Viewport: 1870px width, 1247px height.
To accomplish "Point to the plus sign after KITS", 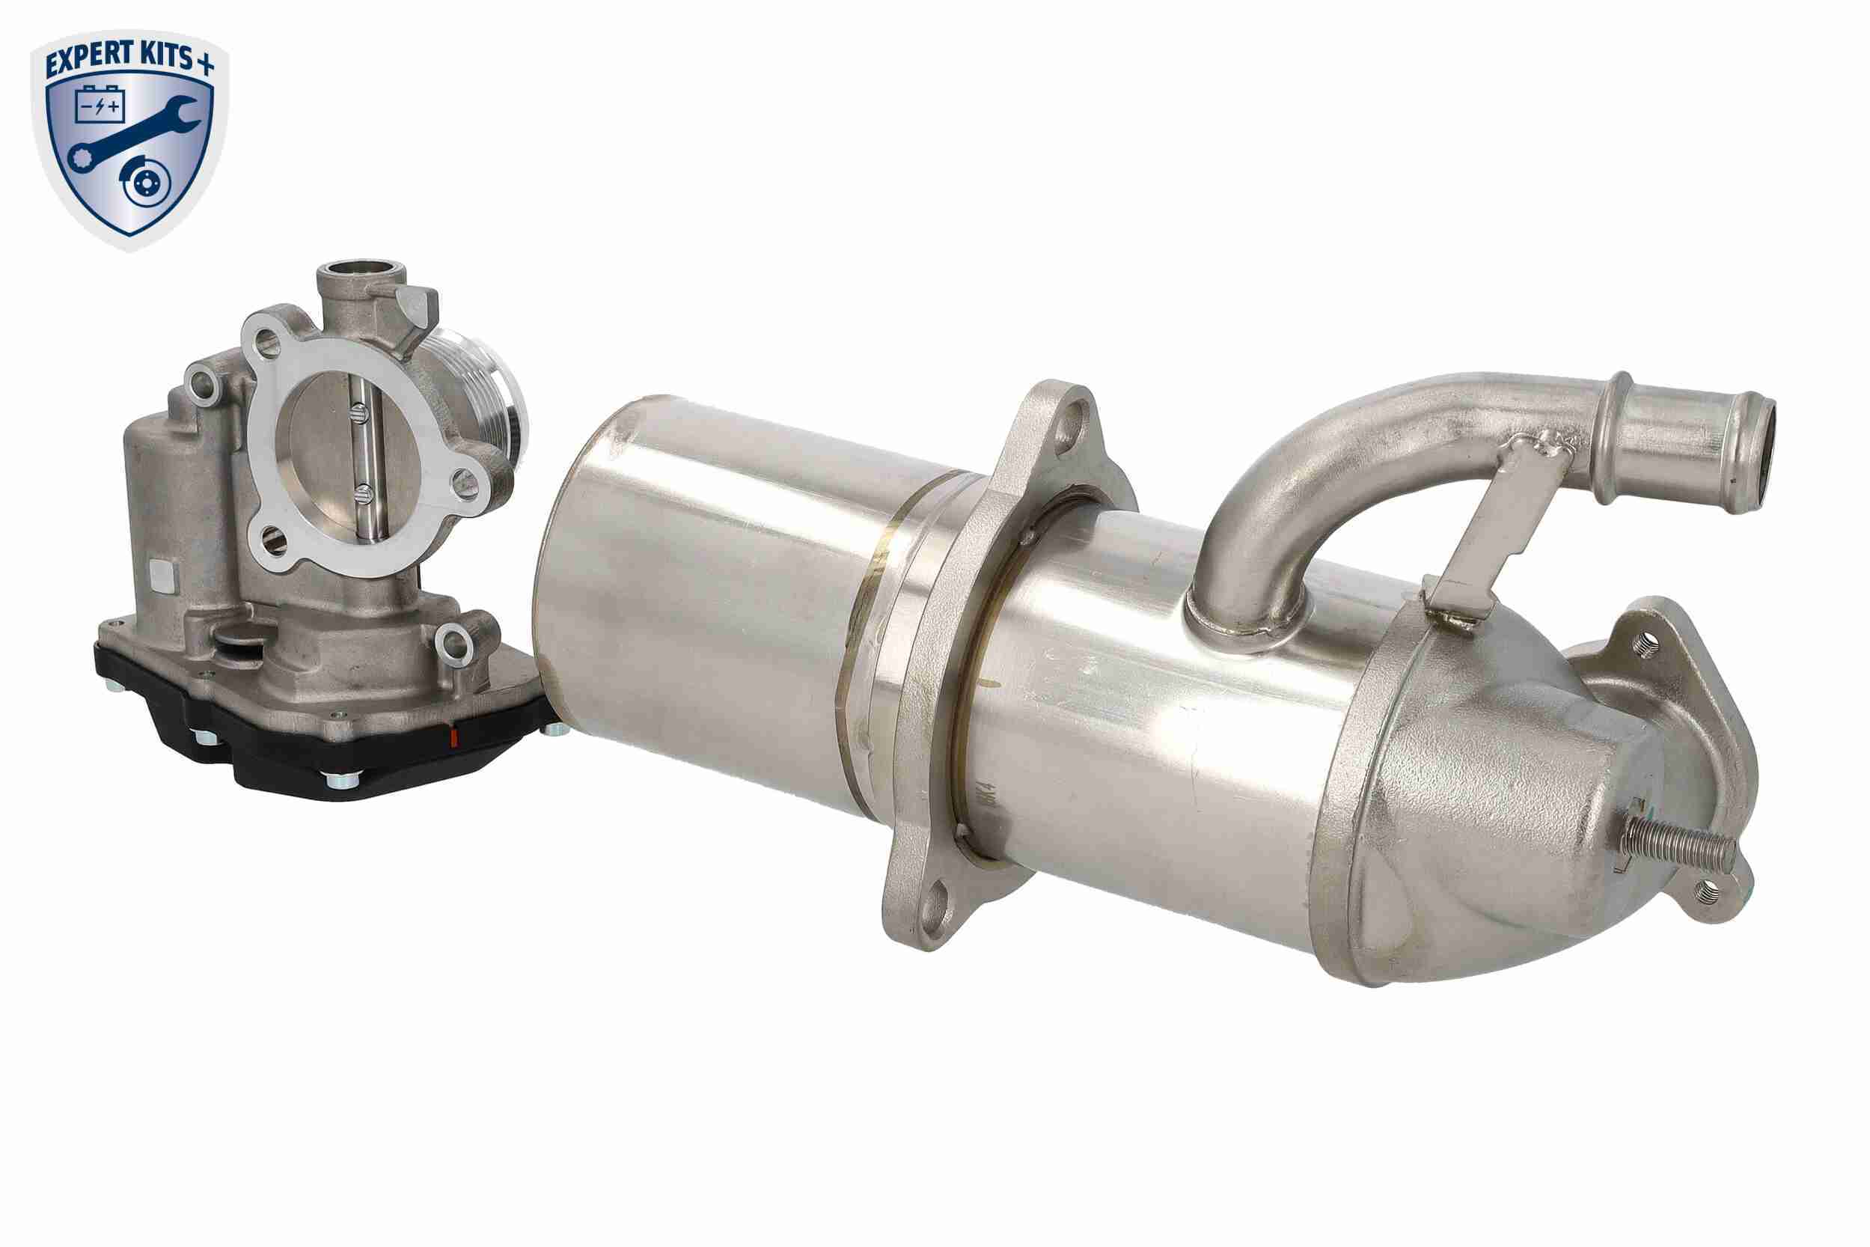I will tap(205, 64).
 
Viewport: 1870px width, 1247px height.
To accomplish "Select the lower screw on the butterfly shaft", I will tap(358, 493).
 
